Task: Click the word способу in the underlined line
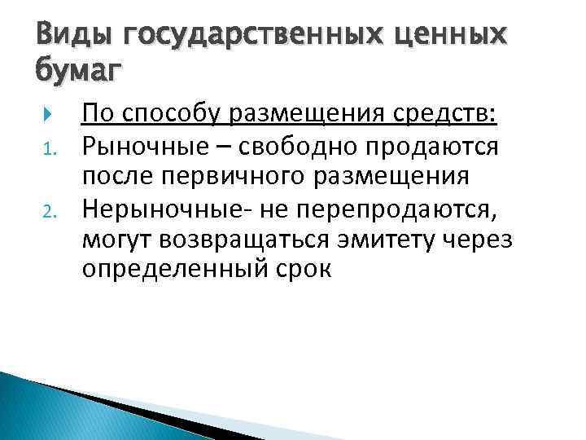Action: coord(172,116)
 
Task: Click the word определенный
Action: coord(173,271)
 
